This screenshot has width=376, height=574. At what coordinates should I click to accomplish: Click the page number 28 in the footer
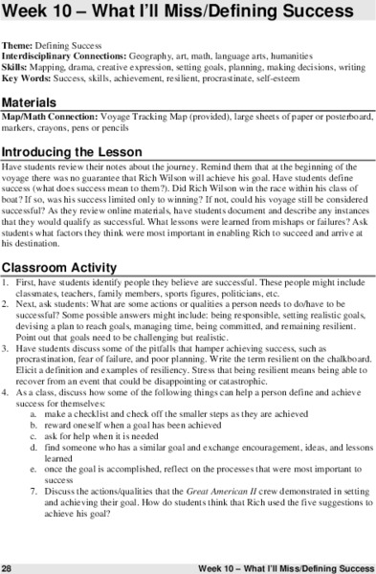(8, 566)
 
